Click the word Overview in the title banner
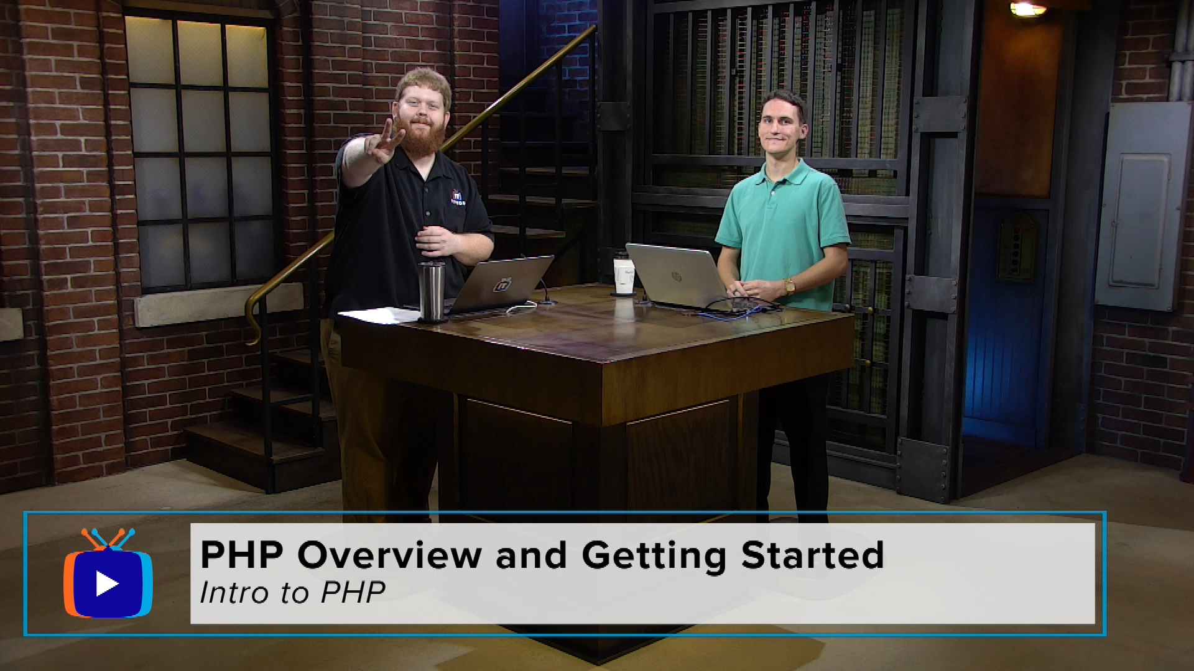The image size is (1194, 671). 390,555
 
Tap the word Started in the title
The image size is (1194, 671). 813,555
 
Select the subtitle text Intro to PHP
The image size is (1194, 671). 292,593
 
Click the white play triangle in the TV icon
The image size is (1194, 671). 107,584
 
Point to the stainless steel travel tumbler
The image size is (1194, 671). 432,291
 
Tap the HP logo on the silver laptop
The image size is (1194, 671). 676,276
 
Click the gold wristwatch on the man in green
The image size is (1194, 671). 790,286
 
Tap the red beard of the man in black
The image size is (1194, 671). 424,139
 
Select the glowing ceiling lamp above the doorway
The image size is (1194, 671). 1028,9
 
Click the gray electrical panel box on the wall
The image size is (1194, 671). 1143,206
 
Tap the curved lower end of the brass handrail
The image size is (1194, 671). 252,323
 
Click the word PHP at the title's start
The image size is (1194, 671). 242,555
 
